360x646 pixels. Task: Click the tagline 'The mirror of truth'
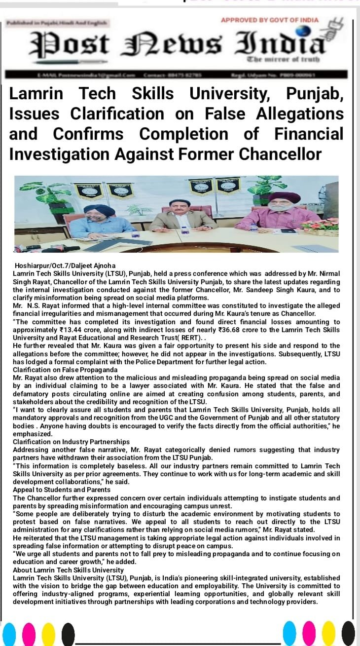tap(283, 59)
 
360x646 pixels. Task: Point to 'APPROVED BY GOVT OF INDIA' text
tap(269, 20)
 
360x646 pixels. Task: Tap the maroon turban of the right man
tap(285, 198)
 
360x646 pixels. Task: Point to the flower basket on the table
tap(320, 226)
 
